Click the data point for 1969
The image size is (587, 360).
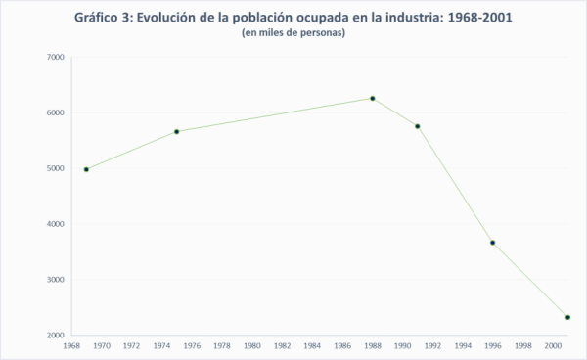tap(86, 169)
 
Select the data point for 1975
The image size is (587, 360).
tap(176, 131)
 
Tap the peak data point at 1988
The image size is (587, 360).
tap(373, 98)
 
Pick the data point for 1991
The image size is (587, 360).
tap(418, 126)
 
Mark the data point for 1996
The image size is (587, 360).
tap(493, 243)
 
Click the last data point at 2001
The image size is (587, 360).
tap(568, 317)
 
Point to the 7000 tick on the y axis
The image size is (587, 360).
tap(56, 57)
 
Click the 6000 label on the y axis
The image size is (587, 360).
tap(56, 112)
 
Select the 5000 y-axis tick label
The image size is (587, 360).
tap(56, 168)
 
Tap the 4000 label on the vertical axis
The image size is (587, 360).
tap(56, 224)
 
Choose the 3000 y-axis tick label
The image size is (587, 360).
tap(56, 280)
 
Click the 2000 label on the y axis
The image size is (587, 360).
tap(56, 336)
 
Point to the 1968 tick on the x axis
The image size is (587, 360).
tap(71, 346)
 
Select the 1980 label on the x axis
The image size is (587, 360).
tap(251, 346)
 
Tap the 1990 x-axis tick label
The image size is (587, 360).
tap(402, 346)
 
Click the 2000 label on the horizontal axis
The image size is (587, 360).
tap(553, 346)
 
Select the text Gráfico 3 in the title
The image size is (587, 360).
tap(102, 17)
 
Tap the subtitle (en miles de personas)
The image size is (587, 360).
tap(293, 33)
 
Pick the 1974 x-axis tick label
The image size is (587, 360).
tap(161, 346)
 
